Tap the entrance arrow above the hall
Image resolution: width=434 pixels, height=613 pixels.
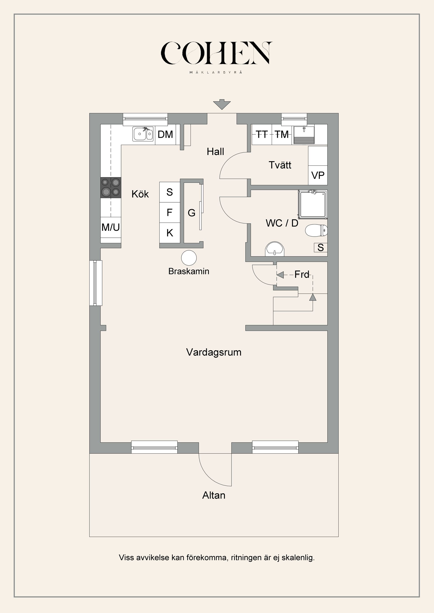pos(222,104)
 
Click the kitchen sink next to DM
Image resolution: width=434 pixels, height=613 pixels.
pos(143,134)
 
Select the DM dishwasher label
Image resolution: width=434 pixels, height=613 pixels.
pos(165,134)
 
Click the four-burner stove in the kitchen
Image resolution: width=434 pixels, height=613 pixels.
pos(111,188)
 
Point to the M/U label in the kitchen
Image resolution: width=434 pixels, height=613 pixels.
pos(111,227)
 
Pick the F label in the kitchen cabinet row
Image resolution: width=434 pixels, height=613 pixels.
pos(170,212)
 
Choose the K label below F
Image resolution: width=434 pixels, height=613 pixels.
pos(170,233)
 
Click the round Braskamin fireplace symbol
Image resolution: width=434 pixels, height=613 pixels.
pos(189,258)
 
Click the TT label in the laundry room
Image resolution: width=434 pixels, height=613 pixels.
pos(262,134)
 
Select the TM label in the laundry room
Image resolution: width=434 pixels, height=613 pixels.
pos(282,134)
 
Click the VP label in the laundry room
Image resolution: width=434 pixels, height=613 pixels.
pos(318,175)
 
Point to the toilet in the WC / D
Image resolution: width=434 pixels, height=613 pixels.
pos(316,230)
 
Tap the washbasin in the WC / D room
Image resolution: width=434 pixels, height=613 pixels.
pos(275,249)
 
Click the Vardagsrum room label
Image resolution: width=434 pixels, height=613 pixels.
pos(214,352)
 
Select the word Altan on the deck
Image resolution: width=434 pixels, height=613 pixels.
pos(214,496)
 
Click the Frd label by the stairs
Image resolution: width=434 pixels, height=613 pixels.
pos(302,275)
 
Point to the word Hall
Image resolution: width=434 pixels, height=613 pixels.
pos(215,152)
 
